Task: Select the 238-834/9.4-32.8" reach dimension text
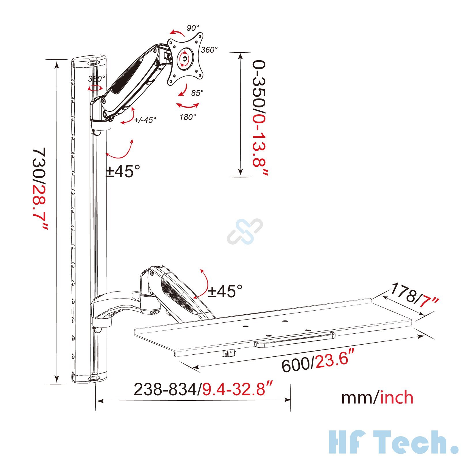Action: point(203,389)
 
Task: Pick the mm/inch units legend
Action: point(377,398)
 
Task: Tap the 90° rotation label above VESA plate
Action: point(192,28)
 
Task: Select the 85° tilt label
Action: point(197,93)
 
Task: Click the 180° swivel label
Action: point(188,117)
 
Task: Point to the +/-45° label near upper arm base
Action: point(145,120)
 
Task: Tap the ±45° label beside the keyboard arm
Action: point(225,291)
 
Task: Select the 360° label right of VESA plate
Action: point(209,50)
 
